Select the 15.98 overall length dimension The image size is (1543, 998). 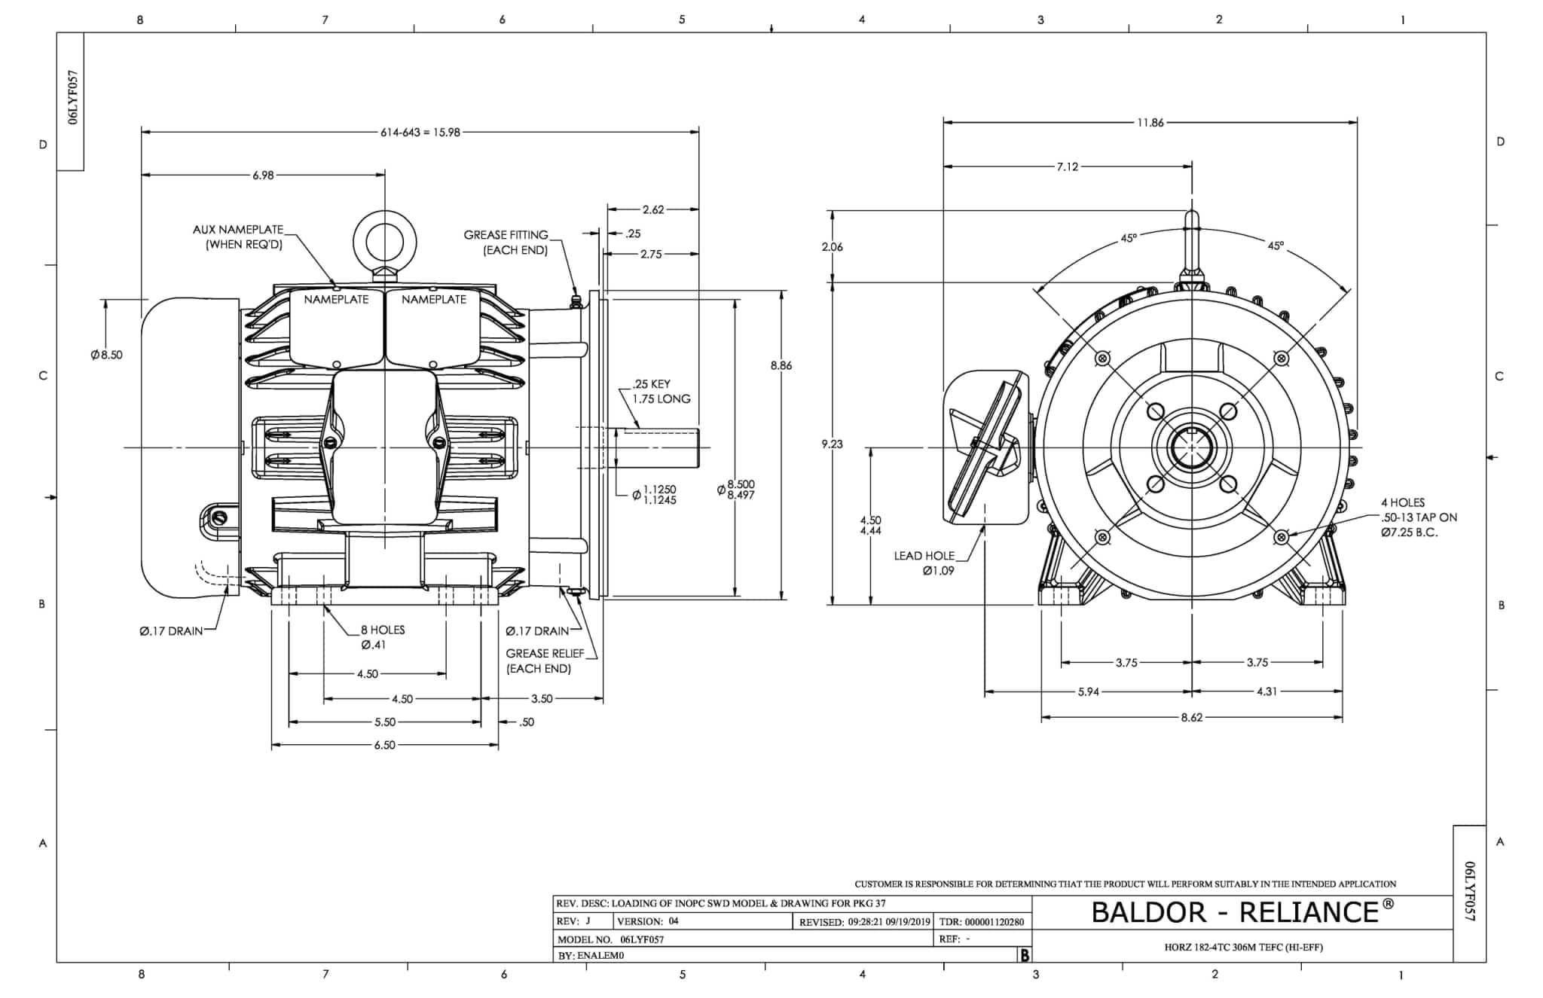(x=420, y=132)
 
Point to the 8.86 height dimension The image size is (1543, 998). (x=781, y=365)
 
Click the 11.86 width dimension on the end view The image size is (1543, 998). (x=1150, y=123)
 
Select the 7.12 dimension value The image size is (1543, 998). (x=1067, y=166)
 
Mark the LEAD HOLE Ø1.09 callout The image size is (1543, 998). (x=924, y=563)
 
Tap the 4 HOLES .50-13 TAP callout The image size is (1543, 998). (x=1418, y=517)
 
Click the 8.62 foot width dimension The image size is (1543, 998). (x=1191, y=717)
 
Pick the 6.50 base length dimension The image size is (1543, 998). (x=384, y=745)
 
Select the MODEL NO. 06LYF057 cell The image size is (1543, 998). (x=611, y=939)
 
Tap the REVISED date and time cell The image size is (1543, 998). (x=864, y=921)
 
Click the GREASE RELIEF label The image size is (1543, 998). (x=545, y=661)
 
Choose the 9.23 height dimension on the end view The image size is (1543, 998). (x=832, y=444)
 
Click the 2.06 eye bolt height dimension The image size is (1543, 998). (x=832, y=247)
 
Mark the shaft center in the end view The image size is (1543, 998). (x=1191, y=447)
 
